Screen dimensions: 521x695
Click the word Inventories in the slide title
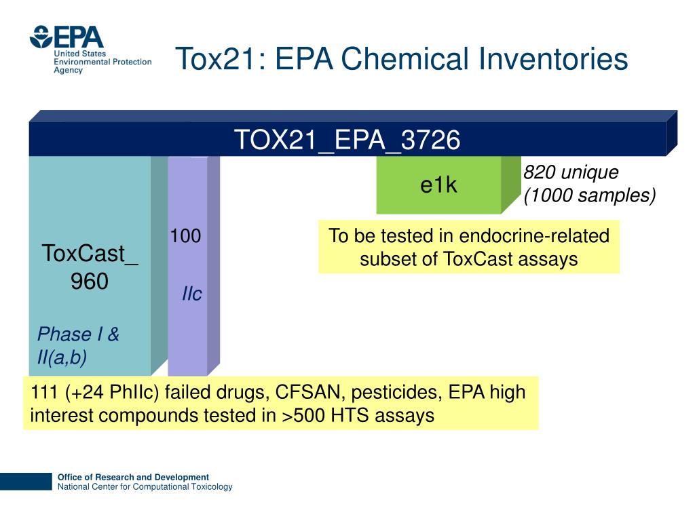click(554, 59)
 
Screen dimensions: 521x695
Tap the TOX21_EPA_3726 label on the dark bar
click(347, 140)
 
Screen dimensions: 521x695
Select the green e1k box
click(438, 185)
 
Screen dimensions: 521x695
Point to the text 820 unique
click(571, 173)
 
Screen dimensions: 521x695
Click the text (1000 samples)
click(589, 196)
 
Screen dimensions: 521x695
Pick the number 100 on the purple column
click(185, 236)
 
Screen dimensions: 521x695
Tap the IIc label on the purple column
click(192, 294)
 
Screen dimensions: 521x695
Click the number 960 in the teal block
click(90, 281)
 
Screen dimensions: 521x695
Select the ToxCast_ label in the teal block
click(90, 254)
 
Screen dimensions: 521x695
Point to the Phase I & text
click(78, 334)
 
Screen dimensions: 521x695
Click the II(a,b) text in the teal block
click(62, 358)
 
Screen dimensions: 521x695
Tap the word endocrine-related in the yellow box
click(534, 236)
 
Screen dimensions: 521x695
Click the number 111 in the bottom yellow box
click(45, 393)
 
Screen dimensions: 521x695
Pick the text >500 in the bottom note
click(303, 415)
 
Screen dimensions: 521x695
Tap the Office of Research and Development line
click(133, 477)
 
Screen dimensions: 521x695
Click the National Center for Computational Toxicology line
click(145, 487)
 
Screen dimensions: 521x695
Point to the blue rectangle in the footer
click(26, 482)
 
